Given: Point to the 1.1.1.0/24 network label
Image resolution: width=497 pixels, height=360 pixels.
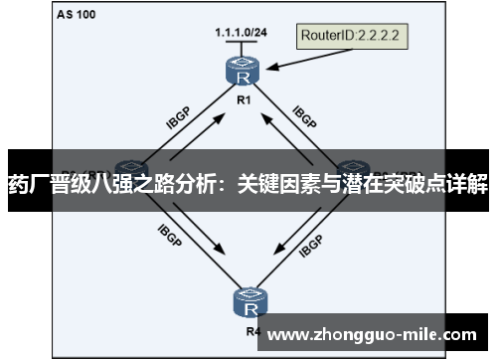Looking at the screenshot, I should click(x=241, y=33).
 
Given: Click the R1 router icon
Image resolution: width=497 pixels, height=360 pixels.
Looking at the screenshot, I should click(x=242, y=72).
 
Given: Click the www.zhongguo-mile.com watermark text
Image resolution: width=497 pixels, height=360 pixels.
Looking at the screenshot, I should click(x=374, y=333).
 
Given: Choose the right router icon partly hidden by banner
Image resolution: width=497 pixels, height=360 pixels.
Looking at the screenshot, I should click(x=354, y=166).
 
